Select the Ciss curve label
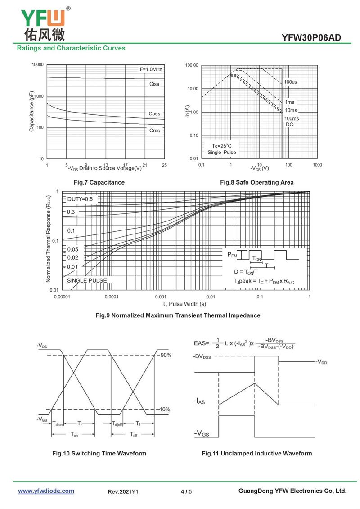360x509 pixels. tap(154, 84)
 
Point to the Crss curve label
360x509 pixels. tap(154, 131)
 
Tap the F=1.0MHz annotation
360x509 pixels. tap(151, 69)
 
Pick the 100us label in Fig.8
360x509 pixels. tap(290, 82)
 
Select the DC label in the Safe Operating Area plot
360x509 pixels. tap(289, 125)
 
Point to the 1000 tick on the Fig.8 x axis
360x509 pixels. tap(317, 165)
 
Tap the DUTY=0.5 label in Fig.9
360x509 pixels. tap(80, 199)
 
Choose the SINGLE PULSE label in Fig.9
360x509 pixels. tap(87, 280)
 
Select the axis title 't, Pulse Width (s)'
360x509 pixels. tap(184, 304)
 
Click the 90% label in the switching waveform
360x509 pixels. tap(166, 355)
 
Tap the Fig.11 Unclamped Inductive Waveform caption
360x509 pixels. tap(256, 453)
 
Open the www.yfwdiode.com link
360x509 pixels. tap(46, 491)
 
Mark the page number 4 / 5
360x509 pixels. tap(186, 491)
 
